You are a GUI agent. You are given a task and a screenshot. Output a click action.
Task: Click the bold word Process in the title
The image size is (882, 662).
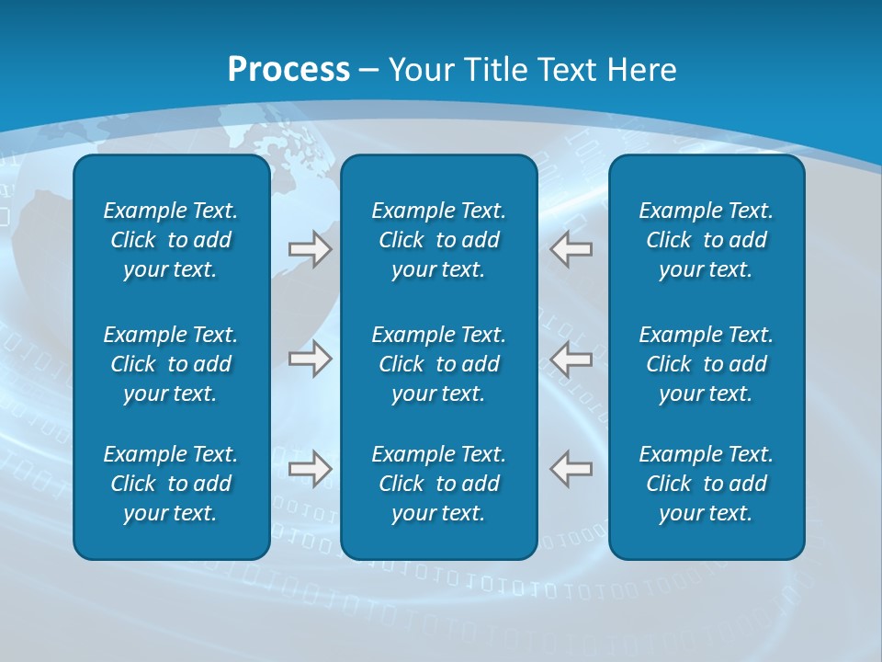288,70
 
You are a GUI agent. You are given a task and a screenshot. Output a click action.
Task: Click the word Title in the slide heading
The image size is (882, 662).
495,70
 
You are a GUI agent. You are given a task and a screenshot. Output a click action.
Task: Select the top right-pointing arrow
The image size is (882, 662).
311,249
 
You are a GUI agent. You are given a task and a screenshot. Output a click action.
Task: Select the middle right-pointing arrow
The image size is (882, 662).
311,359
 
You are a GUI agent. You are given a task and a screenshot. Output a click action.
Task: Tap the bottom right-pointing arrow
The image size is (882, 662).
311,469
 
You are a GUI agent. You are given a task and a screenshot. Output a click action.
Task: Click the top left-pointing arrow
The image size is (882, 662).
571,249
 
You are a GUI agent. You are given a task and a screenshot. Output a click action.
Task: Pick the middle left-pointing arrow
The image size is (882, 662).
571,359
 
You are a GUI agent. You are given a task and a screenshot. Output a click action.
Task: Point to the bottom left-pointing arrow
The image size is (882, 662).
571,469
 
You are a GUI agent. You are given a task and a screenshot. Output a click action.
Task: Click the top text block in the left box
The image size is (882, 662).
171,240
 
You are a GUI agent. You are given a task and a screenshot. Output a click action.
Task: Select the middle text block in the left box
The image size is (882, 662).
171,364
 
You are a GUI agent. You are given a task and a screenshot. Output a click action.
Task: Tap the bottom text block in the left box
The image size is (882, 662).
171,484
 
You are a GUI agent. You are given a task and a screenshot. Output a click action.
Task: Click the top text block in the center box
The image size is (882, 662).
438,240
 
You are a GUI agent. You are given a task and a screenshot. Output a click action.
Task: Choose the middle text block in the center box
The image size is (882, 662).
438,364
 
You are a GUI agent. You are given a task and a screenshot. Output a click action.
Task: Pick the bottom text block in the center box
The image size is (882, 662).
438,484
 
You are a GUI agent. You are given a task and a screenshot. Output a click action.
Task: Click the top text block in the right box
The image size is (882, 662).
706,240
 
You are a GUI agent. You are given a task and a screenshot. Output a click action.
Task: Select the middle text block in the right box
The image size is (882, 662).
706,364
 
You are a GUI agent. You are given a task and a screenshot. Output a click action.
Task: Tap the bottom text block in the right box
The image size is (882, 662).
706,484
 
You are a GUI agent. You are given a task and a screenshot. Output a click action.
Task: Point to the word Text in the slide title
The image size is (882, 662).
567,70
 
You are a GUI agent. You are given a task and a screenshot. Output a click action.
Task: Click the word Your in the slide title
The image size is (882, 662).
420,70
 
